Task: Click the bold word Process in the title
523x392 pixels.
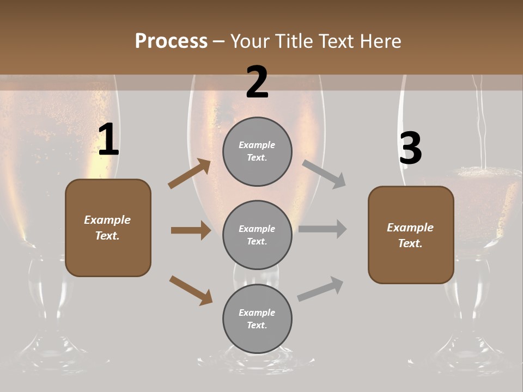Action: click(x=171, y=41)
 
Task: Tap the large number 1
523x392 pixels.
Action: click(x=108, y=140)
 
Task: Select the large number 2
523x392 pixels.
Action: click(x=257, y=82)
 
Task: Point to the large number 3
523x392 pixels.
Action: click(x=410, y=148)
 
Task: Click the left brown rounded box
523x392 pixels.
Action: click(x=108, y=228)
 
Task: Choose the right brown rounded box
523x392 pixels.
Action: click(x=411, y=235)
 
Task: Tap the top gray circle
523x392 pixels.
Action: click(x=257, y=151)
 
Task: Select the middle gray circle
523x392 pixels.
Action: click(x=257, y=235)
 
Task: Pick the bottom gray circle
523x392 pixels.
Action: click(x=257, y=318)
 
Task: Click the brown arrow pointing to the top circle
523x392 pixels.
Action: click(x=190, y=174)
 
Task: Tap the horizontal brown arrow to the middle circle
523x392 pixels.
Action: click(x=191, y=230)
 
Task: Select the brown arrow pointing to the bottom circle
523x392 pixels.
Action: click(x=191, y=290)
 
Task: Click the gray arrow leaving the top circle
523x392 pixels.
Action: click(x=324, y=174)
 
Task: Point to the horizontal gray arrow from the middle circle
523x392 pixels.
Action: click(x=323, y=229)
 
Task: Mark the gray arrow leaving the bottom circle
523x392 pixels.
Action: click(x=320, y=289)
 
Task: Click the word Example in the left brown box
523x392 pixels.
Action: click(x=107, y=220)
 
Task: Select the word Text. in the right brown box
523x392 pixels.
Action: click(x=410, y=243)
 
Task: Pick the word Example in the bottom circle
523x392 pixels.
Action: click(x=257, y=313)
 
